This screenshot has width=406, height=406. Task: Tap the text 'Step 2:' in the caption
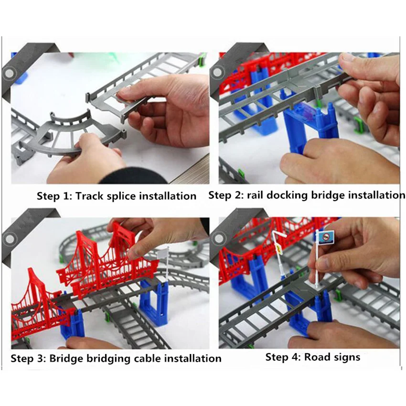(x=226, y=195)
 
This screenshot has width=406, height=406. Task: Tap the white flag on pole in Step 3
(x=163, y=253)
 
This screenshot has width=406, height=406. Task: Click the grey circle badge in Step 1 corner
(x=10, y=73)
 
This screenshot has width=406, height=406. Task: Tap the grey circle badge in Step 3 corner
(x=10, y=239)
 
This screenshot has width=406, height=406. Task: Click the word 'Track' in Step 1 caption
(x=90, y=196)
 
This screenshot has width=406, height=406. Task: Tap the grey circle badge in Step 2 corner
(x=217, y=72)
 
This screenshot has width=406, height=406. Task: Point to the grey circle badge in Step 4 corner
(x=219, y=238)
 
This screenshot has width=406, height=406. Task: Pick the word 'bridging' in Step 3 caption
(x=108, y=359)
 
